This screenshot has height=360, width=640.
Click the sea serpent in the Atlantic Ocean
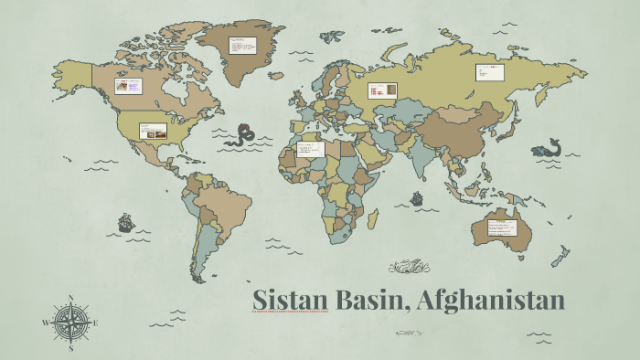pos(241,135)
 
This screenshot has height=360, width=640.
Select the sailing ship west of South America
pos(125,222)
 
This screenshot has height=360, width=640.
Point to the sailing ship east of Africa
pos(417,197)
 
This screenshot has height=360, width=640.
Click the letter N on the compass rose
pos(71,297)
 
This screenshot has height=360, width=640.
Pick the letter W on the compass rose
pos(45,323)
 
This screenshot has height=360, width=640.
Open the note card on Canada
pos(128,87)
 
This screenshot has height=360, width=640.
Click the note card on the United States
pos(153,131)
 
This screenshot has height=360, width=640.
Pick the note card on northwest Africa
pos(310,149)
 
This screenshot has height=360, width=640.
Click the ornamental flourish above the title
pos(409,267)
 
